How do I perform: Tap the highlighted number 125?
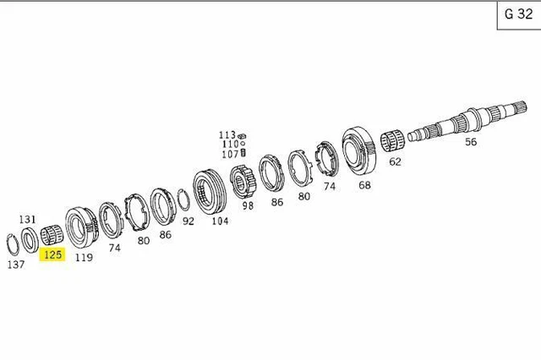coord(53,254)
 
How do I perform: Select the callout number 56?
coord(471,142)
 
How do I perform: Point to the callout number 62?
coord(395,161)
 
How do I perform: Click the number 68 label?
coord(364,185)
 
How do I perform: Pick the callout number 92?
coord(188,221)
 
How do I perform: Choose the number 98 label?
coord(248,205)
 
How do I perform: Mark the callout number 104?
coord(220,221)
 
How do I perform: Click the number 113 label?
coord(227,134)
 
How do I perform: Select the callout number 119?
coord(84,258)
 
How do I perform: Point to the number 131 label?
coord(27,219)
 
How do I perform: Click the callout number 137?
coord(15,264)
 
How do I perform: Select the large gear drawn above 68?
coord(359,151)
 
